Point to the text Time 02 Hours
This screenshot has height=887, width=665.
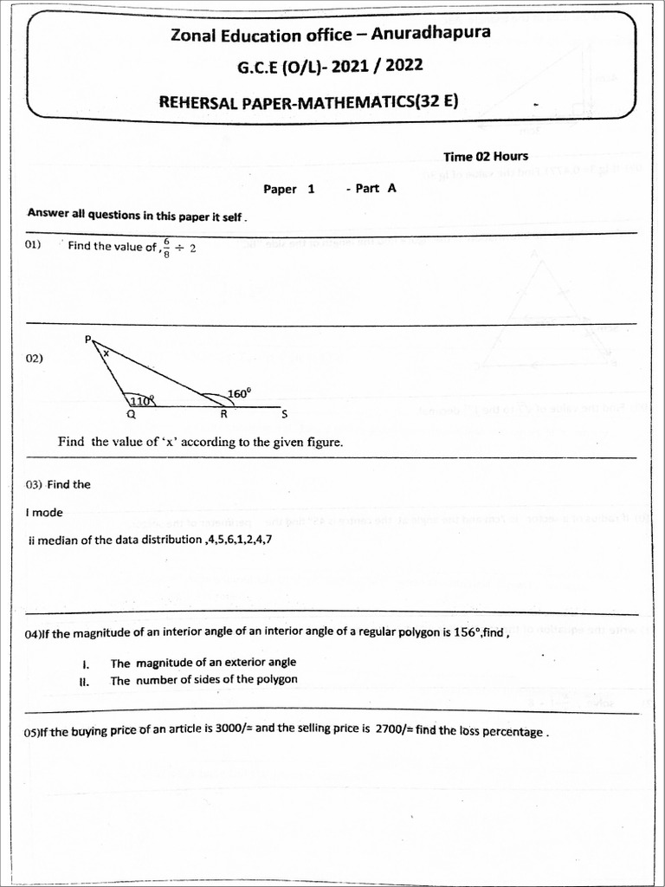(485, 157)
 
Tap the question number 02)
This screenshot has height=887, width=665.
(35, 358)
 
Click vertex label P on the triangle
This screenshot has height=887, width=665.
(87, 340)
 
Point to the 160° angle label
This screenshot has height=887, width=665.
(239, 393)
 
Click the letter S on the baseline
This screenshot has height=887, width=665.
(284, 415)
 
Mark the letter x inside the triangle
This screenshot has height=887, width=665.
(107, 353)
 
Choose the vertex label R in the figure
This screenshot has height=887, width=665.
(223, 415)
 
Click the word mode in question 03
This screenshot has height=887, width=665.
(48, 512)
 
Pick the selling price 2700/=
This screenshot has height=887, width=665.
(394, 729)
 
